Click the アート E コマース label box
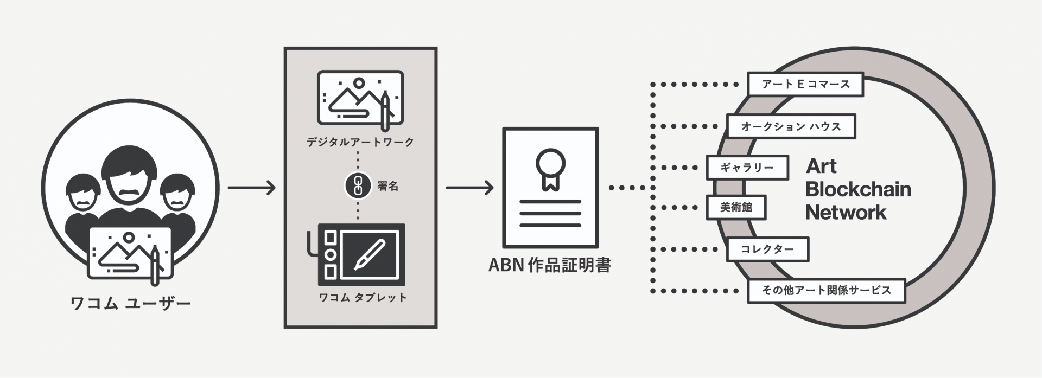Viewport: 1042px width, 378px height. coord(805,85)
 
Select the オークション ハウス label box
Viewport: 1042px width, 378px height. coord(791,127)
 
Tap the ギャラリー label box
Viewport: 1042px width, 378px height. coord(747,168)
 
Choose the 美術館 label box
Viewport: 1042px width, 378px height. coord(736,208)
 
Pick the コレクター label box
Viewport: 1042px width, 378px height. coord(767,250)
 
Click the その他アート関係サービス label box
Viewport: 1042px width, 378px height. coord(827,291)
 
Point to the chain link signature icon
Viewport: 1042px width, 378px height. coord(358,186)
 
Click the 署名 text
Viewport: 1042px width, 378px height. coord(388,186)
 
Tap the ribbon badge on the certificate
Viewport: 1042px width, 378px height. coord(550,169)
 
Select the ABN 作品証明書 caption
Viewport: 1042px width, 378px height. coord(550,265)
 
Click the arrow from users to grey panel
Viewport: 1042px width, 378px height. coord(252,188)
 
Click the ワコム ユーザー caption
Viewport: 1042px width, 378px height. coord(131,303)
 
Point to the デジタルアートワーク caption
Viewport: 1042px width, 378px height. coord(360,142)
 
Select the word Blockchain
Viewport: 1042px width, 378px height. coord(859,189)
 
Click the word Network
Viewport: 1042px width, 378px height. coord(846,212)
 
